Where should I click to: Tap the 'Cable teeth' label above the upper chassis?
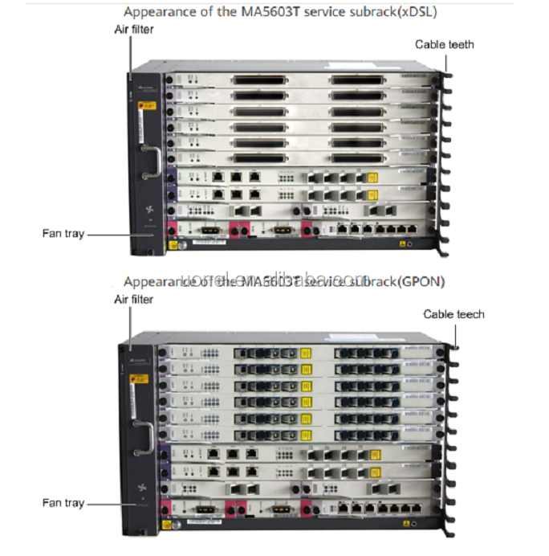tap(444, 44)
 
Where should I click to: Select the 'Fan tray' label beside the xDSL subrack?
tap(63, 234)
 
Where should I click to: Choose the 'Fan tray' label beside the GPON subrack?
tap(63, 503)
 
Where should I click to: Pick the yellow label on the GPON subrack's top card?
tap(305, 351)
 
